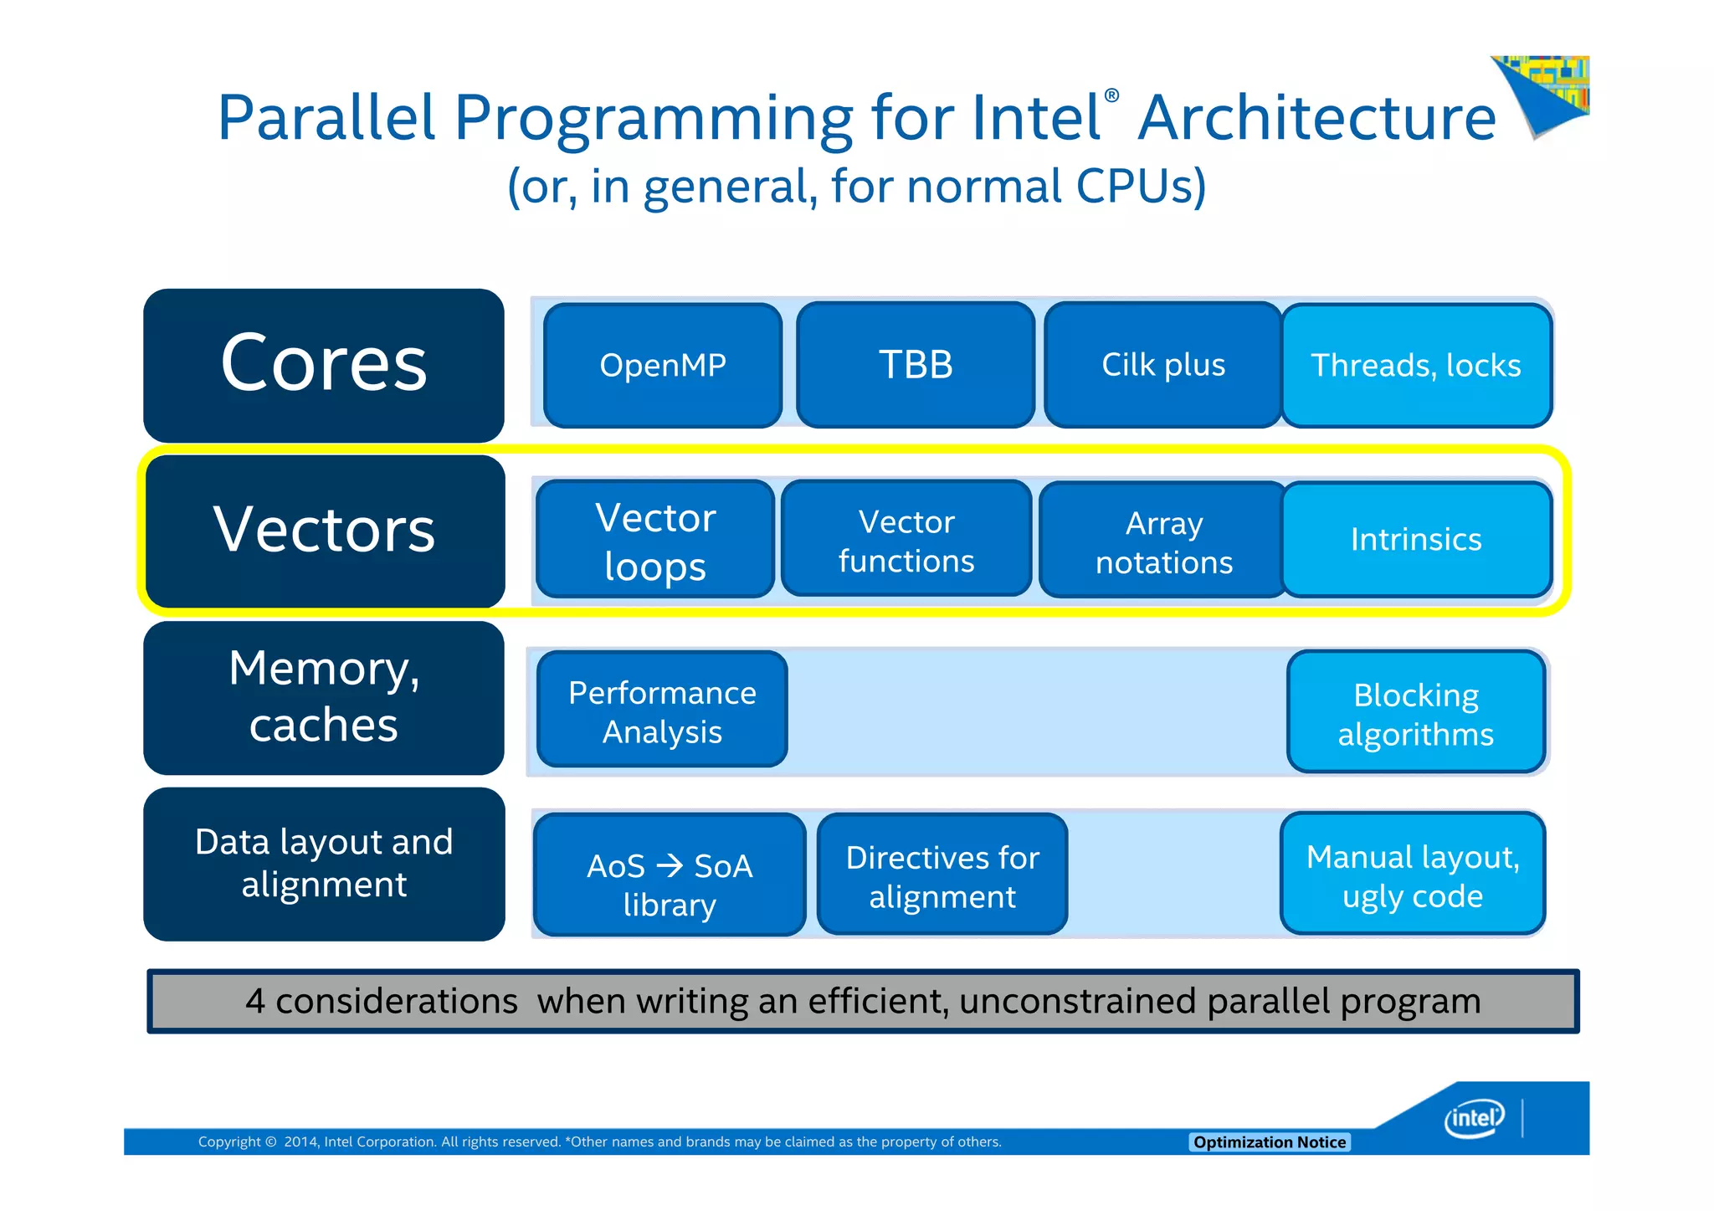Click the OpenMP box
click(x=663, y=366)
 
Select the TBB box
click(x=916, y=366)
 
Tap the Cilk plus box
click(x=1163, y=366)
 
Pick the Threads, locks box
click(x=1416, y=366)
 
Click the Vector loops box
click(x=655, y=540)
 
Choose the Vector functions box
click(x=906, y=540)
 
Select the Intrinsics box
click(x=1416, y=540)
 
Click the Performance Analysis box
click(x=662, y=711)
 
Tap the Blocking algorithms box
click(x=1416, y=713)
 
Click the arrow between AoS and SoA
click(x=670, y=865)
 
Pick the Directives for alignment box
click(x=942, y=875)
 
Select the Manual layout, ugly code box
click(x=1413, y=875)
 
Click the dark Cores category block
click(x=324, y=366)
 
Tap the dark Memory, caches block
click(x=324, y=697)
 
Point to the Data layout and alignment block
click(x=324, y=864)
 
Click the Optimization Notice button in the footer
click(x=1269, y=1142)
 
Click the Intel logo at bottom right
click(x=1474, y=1118)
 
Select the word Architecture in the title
click(x=1316, y=118)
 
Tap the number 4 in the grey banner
click(x=255, y=1002)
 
